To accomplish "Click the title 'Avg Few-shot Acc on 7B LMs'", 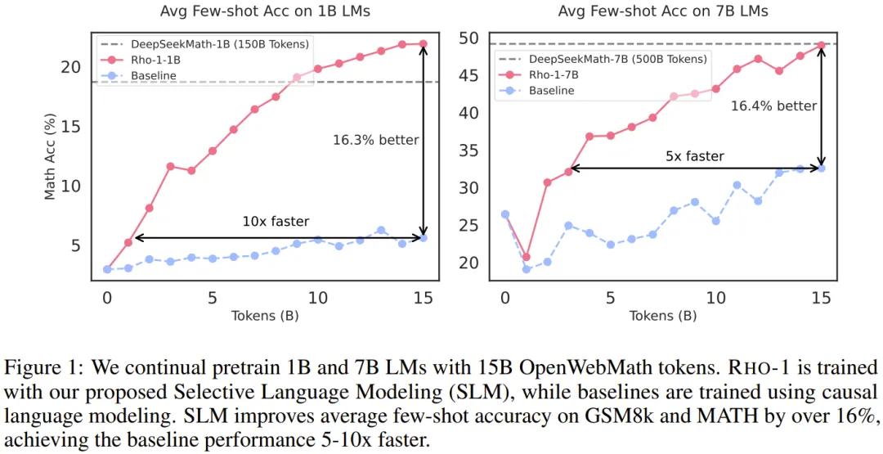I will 663,12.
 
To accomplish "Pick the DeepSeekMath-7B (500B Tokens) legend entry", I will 617,59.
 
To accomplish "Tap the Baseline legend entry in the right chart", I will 551,91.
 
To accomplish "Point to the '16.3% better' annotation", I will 375,140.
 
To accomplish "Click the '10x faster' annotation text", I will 276,221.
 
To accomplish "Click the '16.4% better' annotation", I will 773,106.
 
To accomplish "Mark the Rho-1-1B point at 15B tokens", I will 424,44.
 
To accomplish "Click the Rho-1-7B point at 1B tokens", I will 526,257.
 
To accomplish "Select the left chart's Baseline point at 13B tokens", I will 381,231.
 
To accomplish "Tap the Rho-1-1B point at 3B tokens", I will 170,166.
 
